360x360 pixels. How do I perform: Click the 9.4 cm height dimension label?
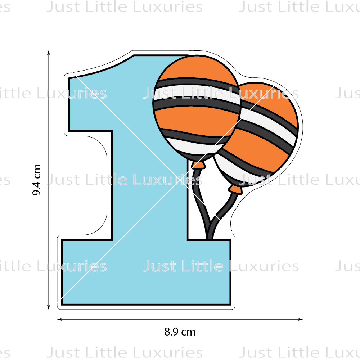37,180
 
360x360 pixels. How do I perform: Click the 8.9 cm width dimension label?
180,332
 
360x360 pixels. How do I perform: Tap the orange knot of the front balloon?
198,165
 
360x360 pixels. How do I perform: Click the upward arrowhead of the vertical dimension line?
49,53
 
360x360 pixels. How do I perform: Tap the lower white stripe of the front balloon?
187,146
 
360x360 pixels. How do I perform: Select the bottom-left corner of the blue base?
63,303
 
